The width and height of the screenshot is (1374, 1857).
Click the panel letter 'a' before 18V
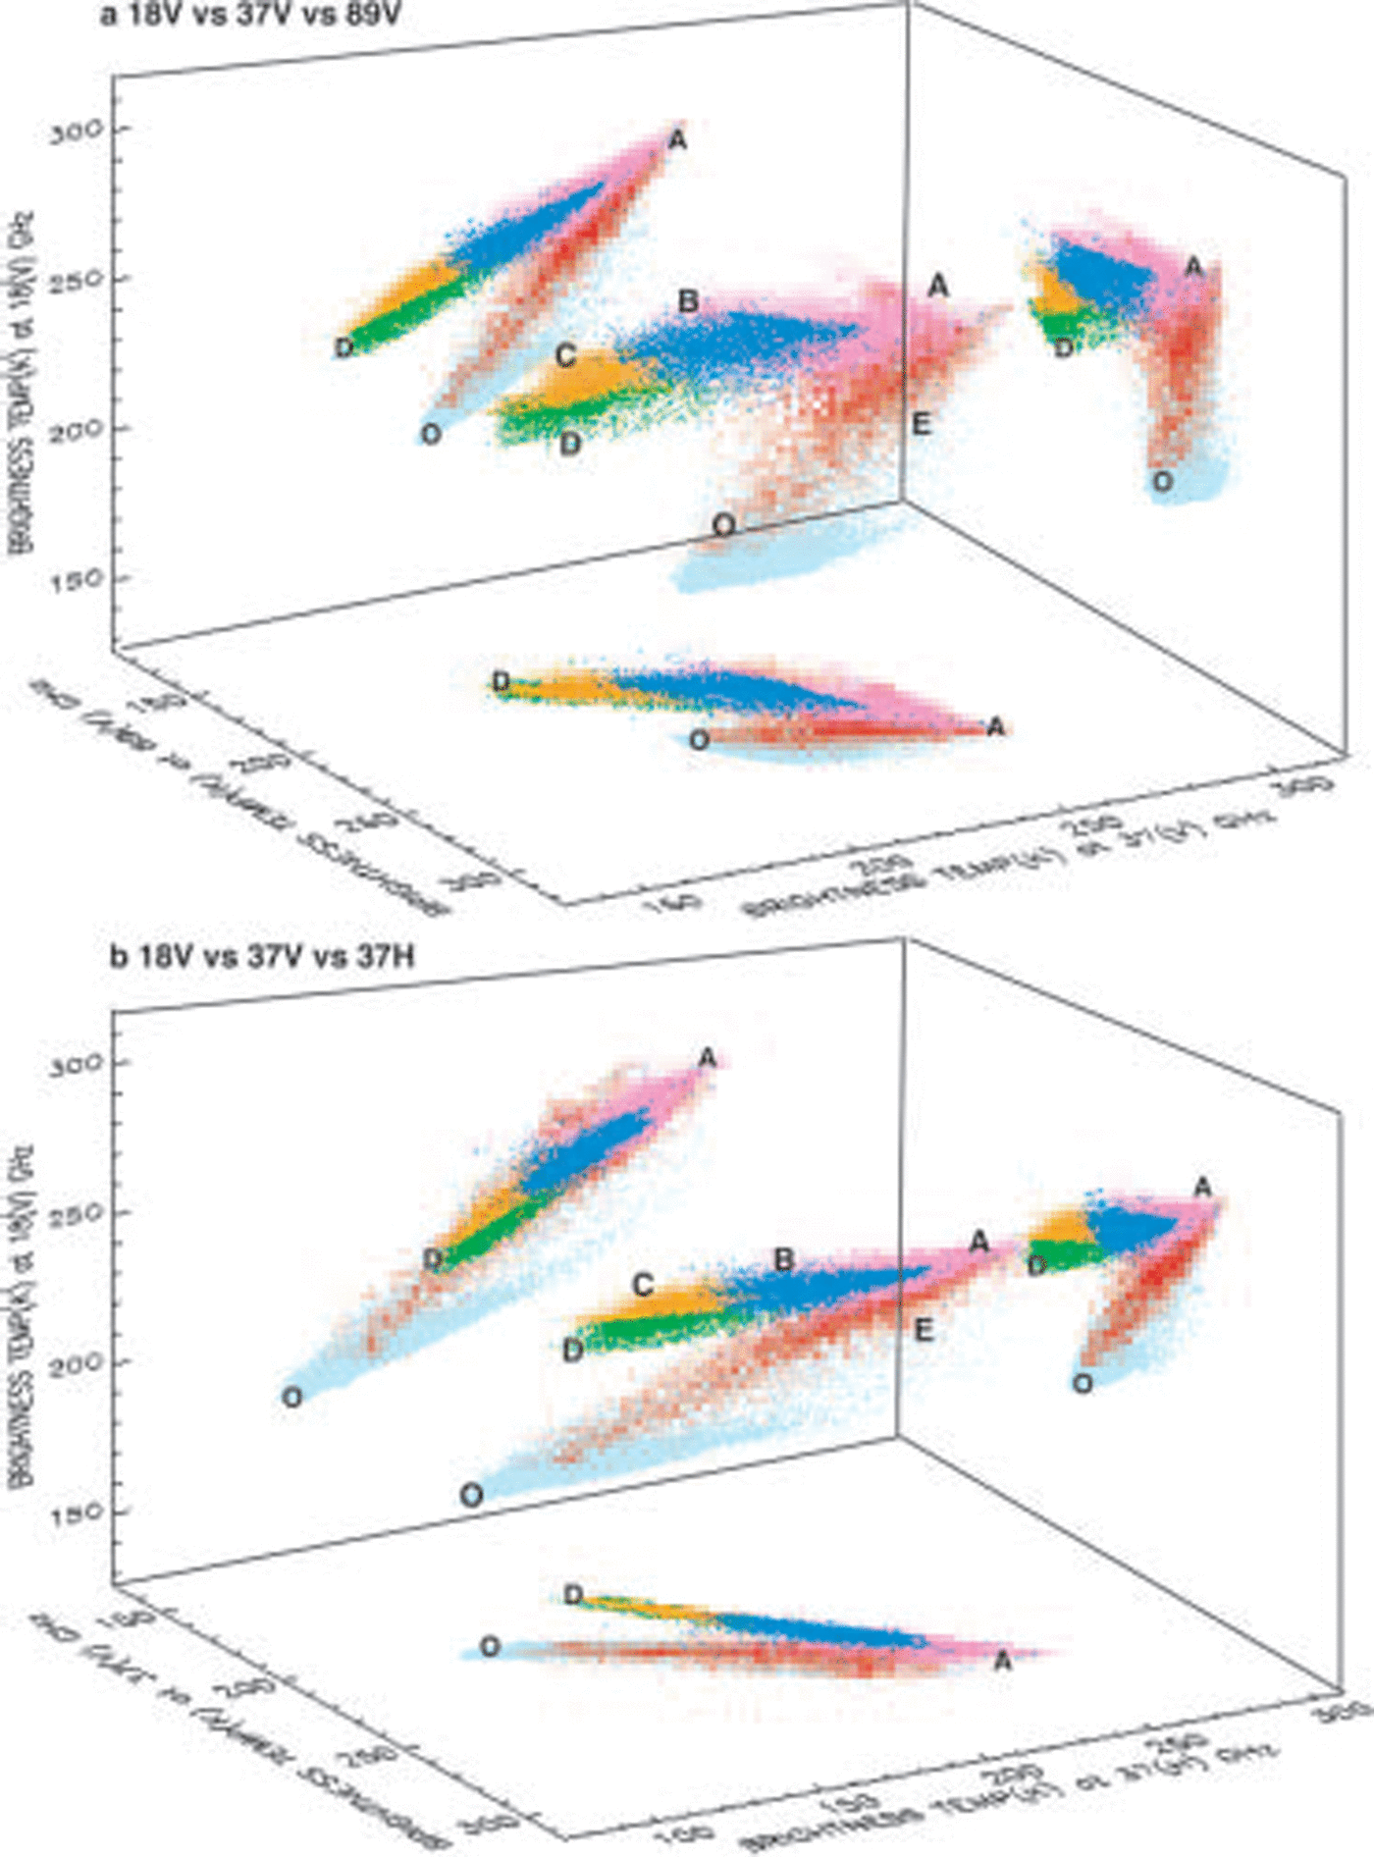[x=108, y=16]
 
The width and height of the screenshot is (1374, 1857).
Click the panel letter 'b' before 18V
[x=117, y=956]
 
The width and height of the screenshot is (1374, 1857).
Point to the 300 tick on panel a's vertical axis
[x=76, y=130]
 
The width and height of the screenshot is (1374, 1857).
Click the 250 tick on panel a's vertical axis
[x=76, y=280]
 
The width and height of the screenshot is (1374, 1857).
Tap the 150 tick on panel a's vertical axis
[x=76, y=580]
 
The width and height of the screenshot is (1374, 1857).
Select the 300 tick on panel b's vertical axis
[x=76, y=1064]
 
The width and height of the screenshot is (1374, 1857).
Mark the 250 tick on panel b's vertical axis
[x=76, y=1214]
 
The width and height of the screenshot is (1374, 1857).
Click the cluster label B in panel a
[x=688, y=301]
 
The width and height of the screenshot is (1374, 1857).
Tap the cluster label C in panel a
[x=565, y=355]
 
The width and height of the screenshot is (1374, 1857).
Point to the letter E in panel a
[x=921, y=424]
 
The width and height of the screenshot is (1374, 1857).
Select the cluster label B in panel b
[x=783, y=1259]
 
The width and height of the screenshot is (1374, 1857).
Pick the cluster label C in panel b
[x=643, y=1285]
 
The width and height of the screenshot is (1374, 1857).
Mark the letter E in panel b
[x=923, y=1331]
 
